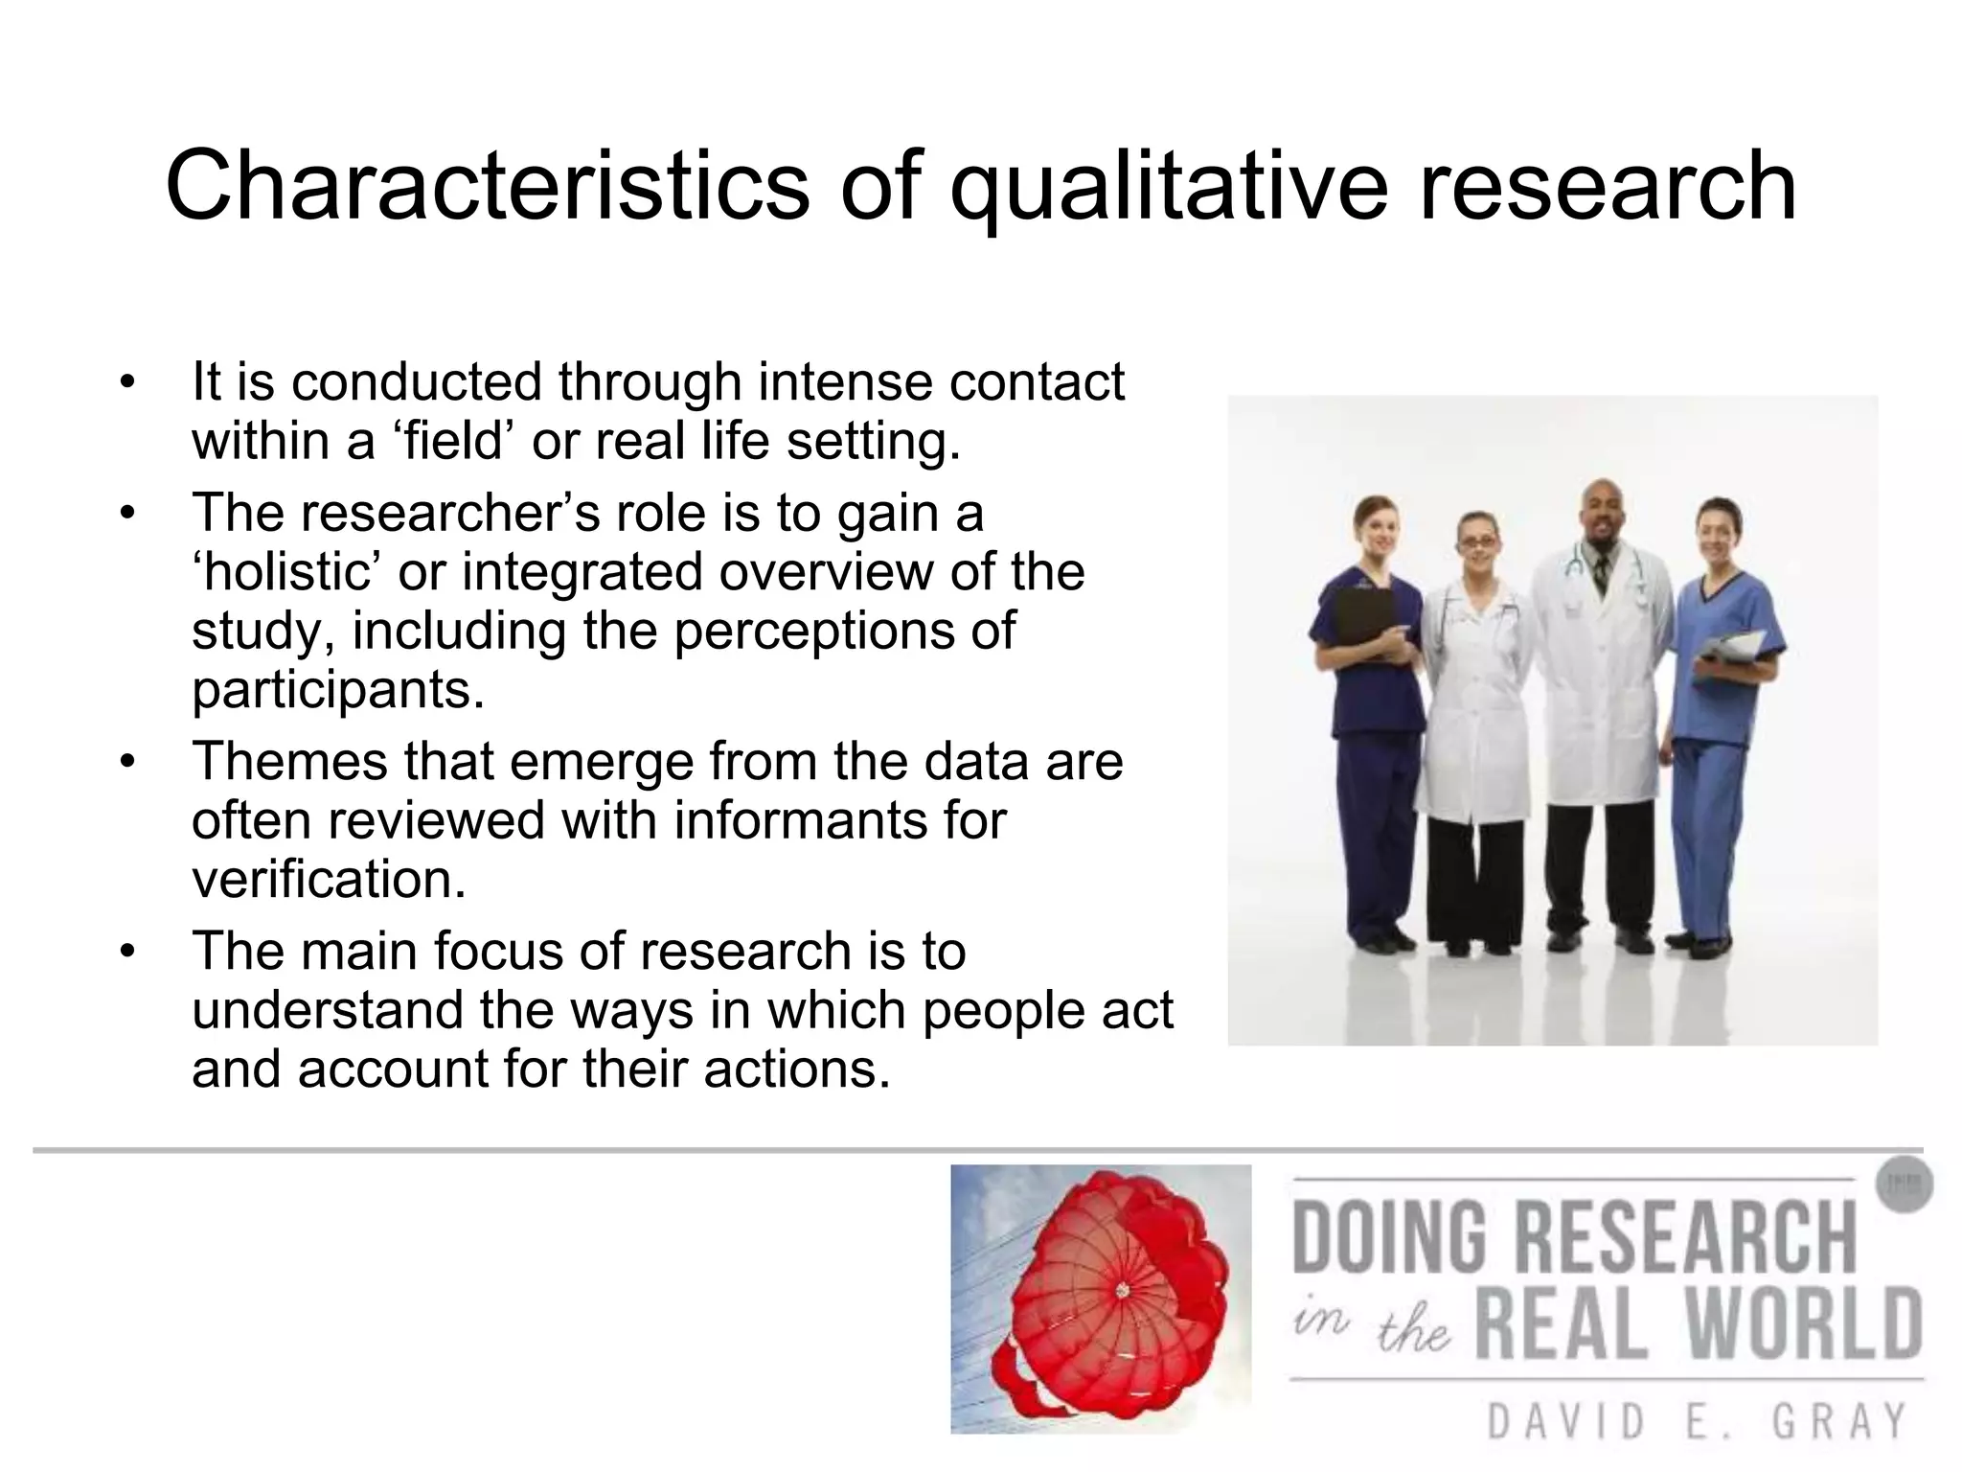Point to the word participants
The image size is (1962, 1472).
click(338, 689)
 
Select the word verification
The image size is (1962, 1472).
click(329, 879)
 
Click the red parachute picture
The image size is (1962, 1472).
click(1102, 1299)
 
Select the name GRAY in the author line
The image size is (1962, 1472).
click(1839, 1421)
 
